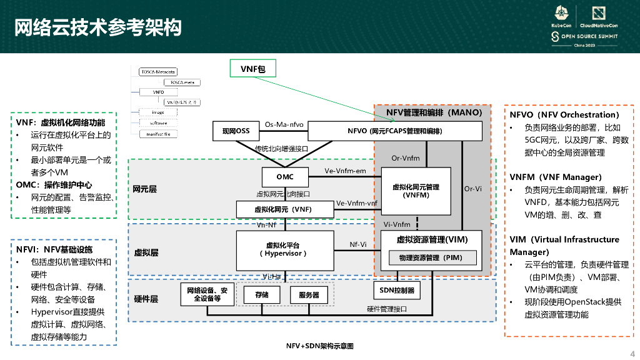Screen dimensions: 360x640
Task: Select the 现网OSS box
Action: tap(236, 131)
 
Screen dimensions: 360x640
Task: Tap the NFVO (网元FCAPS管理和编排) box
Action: tap(394, 131)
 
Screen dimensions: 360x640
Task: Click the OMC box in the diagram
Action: tap(285, 177)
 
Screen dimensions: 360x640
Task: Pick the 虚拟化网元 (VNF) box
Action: tap(282, 209)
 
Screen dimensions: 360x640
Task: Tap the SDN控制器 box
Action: tap(396, 291)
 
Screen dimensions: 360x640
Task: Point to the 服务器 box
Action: tap(309, 294)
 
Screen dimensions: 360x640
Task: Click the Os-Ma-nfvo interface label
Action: tap(284, 124)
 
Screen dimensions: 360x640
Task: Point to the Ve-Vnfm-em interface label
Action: tap(345, 171)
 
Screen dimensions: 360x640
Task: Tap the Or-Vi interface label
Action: tap(472, 189)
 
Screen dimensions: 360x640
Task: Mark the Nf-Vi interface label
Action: tap(358, 244)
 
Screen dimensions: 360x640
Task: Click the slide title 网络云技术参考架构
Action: tap(97, 27)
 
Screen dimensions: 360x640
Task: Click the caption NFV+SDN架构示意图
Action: tap(320, 346)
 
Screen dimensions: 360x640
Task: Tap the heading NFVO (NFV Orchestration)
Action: tap(564, 115)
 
